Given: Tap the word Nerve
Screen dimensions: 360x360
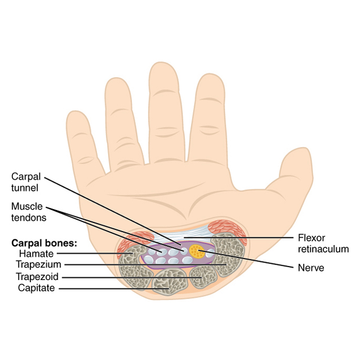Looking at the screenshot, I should click(x=310, y=268).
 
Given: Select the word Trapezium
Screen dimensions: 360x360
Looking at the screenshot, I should click(x=38, y=265).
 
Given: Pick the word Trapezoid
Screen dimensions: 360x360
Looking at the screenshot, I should click(x=38, y=277).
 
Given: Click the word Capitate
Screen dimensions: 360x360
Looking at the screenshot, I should click(x=36, y=288).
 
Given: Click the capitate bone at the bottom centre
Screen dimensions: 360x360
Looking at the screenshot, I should click(x=171, y=282).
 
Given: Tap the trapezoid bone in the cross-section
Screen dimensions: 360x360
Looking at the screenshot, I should click(x=203, y=276).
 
